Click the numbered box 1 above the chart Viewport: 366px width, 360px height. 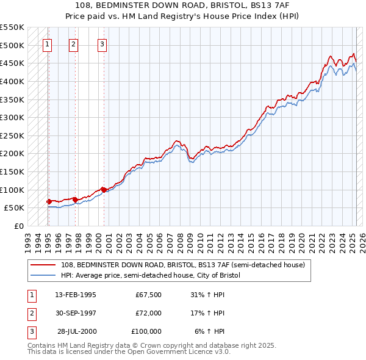tap(48, 44)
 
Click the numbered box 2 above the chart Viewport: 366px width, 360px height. tap(73, 44)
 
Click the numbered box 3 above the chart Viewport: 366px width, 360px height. tap(102, 44)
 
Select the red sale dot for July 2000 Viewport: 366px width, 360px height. tap(104, 190)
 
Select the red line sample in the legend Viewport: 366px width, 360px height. tap(43, 265)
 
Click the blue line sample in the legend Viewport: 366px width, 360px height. tap(43, 275)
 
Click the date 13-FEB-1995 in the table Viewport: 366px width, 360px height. tap(75, 295)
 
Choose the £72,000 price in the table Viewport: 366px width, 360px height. tap(148, 313)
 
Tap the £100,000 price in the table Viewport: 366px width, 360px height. tap(146, 331)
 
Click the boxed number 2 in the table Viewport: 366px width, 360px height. tap(30, 313)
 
